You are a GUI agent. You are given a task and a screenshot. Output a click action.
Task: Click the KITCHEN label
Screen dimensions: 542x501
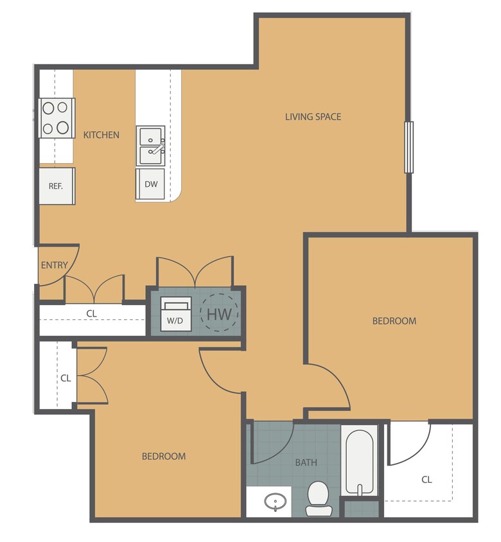101,135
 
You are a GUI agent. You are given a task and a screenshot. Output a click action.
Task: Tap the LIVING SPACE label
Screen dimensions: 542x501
313,116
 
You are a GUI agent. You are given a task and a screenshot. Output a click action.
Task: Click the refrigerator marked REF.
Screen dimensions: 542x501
56,186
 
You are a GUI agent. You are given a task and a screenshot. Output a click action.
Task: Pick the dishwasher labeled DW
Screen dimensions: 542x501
150,184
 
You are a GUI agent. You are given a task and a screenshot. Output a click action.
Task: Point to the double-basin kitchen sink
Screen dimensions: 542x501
151,145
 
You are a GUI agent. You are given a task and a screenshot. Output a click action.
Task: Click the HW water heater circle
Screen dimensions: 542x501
219,313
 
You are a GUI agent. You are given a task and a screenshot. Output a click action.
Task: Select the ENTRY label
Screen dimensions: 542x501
54,265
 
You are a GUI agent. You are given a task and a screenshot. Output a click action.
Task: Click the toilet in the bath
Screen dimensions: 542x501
318,498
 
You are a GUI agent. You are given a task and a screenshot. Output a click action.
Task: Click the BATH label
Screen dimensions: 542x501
306,462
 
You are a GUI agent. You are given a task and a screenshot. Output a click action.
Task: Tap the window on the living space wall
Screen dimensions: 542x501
408,147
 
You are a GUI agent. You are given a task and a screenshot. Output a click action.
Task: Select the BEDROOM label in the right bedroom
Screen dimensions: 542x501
394,320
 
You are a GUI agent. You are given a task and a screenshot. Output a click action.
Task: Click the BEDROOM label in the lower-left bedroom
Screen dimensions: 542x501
163,456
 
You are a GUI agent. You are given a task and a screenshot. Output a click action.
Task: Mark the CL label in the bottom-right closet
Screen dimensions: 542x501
426,479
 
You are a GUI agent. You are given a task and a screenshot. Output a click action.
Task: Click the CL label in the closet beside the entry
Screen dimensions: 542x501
91,313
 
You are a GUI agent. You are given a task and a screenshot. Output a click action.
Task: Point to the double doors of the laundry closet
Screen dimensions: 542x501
195,271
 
